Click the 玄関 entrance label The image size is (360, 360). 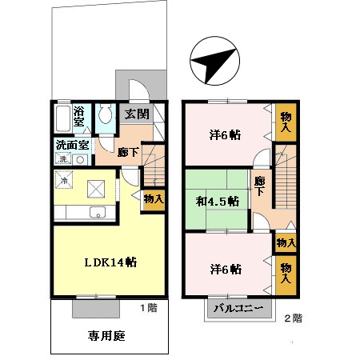[x=137, y=114]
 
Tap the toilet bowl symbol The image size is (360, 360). [x=105, y=114]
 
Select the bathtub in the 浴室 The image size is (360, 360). [x=63, y=118]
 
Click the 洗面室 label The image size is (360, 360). [x=72, y=146]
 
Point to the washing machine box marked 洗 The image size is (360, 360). [x=63, y=158]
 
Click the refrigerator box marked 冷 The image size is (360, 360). [x=64, y=180]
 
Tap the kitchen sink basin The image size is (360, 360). [x=98, y=212]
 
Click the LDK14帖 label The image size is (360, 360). [x=110, y=262]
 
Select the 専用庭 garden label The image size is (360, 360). [x=106, y=336]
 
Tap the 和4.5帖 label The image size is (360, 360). [x=218, y=202]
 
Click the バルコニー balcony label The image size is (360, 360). [x=238, y=309]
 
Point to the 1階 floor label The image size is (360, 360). [x=149, y=308]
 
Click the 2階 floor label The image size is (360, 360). [x=294, y=318]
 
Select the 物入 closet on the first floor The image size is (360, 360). [x=154, y=198]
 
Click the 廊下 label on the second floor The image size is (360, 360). [x=259, y=186]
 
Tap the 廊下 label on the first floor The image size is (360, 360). [x=128, y=152]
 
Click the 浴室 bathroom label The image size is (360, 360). [x=79, y=116]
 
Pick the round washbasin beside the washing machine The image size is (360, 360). [x=80, y=160]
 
